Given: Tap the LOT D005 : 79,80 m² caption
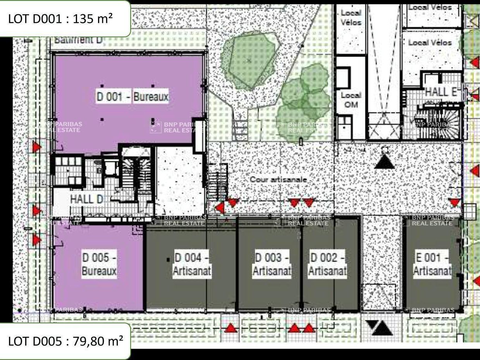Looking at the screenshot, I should (x=65, y=341).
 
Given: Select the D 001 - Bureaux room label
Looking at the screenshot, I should (x=132, y=96).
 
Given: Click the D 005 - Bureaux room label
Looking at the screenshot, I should (x=99, y=264).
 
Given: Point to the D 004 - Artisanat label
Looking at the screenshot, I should (x=192, y=264).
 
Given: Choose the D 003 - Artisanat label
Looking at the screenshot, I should (x=272, y=264).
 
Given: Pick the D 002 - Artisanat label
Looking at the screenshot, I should (x=327, y=264).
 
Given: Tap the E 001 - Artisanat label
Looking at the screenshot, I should (x=432, y=264).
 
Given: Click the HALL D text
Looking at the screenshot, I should (x=87, y=199).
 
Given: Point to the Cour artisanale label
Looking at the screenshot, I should (x=278, y=179).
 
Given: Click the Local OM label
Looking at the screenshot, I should (x=351, y=100).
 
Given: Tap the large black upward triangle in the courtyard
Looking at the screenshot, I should (x=385, y=161).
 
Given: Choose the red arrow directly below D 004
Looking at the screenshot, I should (x=231, y=328).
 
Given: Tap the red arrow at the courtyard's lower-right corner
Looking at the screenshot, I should (x=454, y=202).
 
